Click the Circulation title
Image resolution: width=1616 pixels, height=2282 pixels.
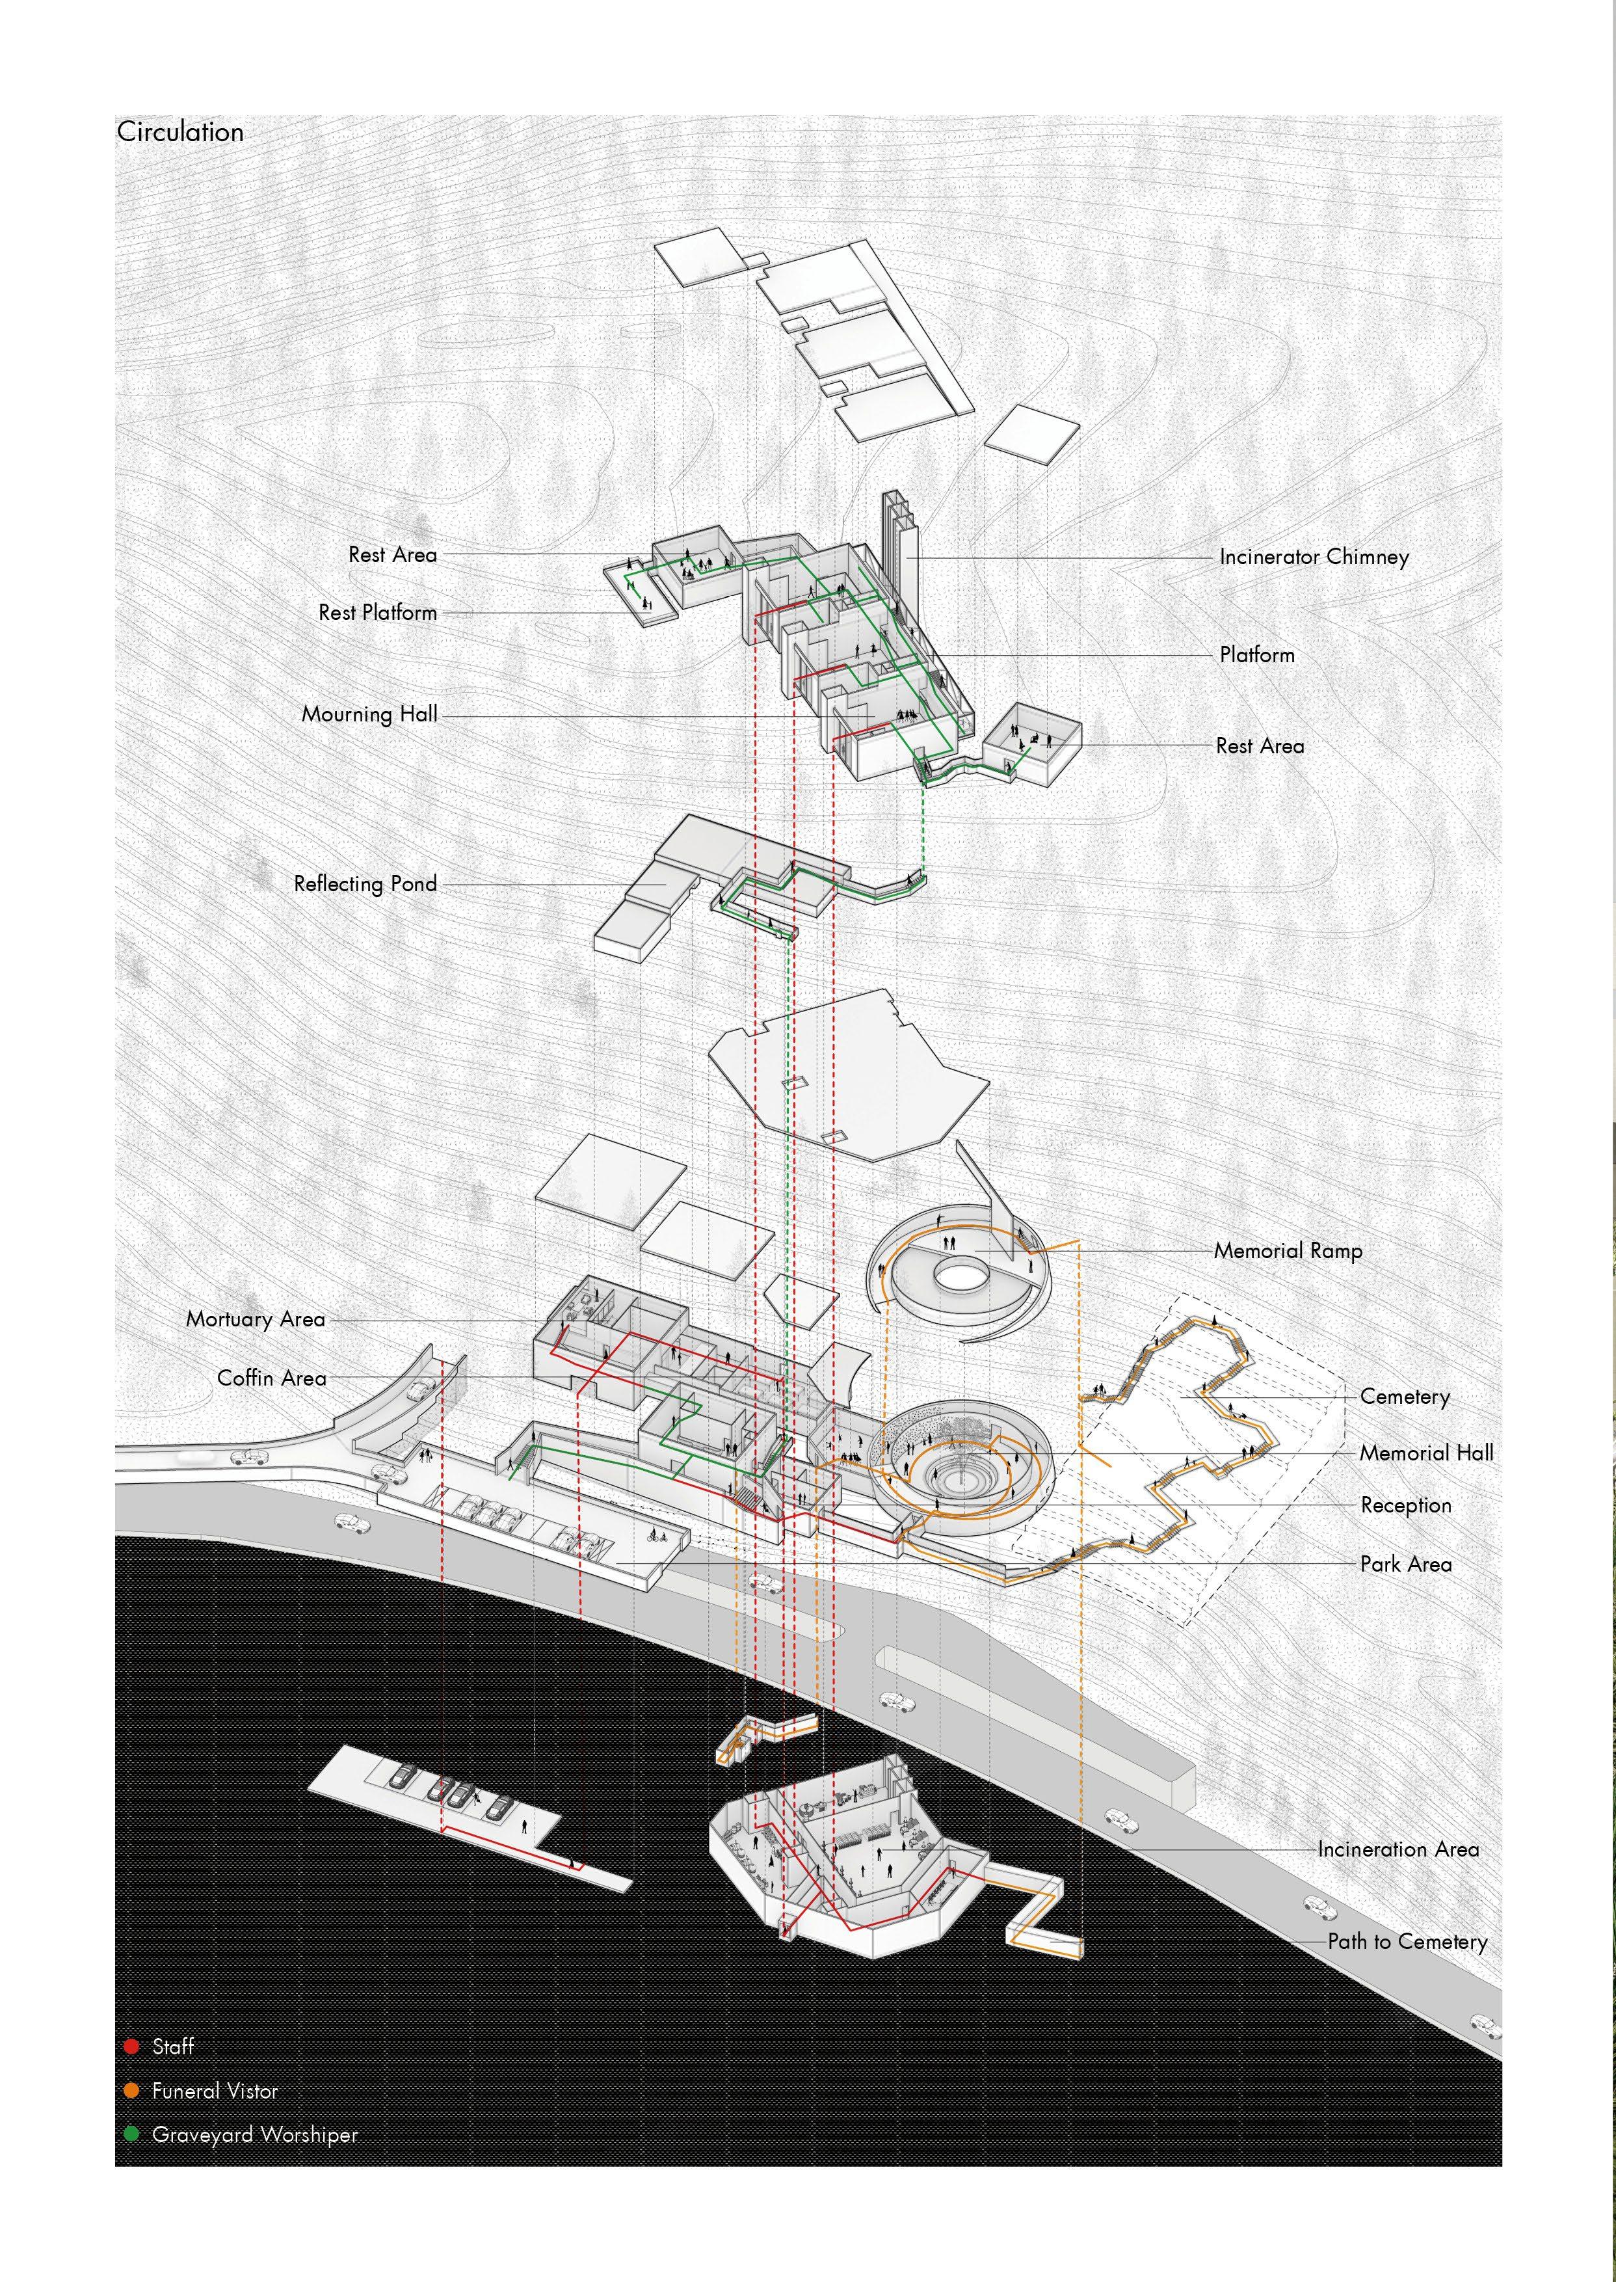180,132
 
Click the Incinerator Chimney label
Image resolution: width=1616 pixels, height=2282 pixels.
1314,557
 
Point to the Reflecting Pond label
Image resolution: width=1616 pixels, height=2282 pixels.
365,884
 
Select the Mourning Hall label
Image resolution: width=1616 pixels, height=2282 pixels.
369,714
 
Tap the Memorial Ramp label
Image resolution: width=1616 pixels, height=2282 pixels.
1288,1251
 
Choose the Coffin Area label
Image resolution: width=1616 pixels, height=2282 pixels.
272,1378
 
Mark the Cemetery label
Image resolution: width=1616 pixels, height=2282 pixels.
1404,1397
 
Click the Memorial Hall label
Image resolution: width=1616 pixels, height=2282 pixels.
1426,1454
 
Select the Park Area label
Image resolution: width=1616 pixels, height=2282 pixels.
1405,1564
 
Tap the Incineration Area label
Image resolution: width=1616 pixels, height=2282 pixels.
1398,1850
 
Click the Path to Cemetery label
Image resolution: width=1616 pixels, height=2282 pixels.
1407,1942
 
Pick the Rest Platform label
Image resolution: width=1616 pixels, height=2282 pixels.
377,613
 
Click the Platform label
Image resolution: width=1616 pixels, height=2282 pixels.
1257,655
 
